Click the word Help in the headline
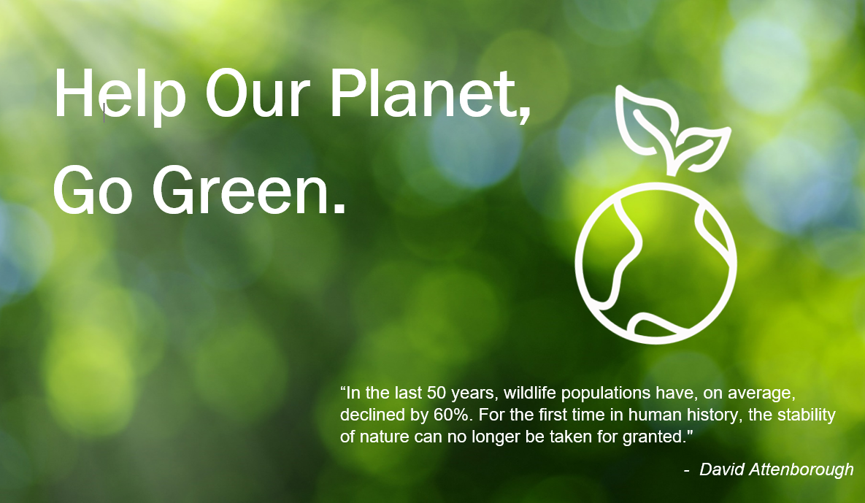[120, 93]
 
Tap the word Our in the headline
[254, 93]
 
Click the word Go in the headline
[93, 191]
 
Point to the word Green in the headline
[241, 191]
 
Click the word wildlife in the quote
[530, 393]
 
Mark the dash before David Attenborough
[687, 470]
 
